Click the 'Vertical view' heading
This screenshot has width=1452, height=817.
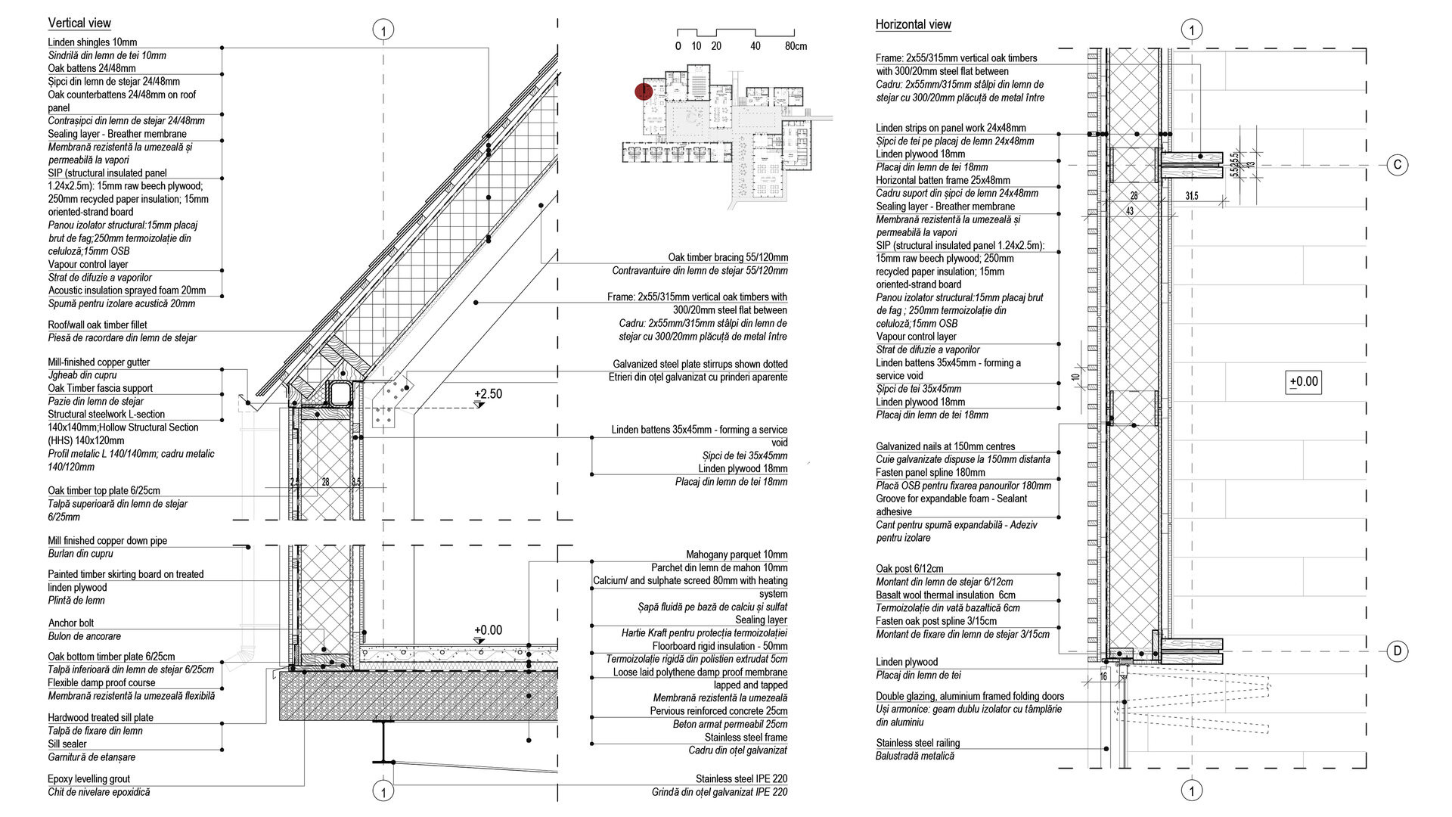[79, 23]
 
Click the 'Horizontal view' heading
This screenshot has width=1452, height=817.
[913, 24]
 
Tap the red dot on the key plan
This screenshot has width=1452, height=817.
[643, 92]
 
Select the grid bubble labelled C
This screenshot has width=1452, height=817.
[1398, 164]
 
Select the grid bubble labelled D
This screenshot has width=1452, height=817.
[1398, 651]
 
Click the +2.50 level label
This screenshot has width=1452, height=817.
[488, 393]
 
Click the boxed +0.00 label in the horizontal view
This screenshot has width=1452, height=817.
[1304, 381]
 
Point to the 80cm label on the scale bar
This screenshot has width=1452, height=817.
[796, 46]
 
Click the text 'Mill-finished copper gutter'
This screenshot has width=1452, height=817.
[99, 362]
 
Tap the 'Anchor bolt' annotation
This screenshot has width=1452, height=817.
[71, 623]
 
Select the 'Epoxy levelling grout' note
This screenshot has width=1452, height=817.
[88, 778]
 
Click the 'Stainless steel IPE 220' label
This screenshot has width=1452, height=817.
[741, 778]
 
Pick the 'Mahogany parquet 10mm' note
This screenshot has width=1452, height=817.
[737, 555]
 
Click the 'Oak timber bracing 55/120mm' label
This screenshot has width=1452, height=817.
[728, 257]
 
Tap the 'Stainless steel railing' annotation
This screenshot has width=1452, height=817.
[917, 743]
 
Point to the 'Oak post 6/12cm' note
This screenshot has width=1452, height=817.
[909, 568]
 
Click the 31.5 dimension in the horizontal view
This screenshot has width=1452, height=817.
[1192, 196]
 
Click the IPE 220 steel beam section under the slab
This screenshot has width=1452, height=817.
[384, 741]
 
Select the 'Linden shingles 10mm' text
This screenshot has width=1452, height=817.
[92, 42]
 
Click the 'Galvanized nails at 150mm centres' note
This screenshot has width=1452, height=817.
[945, 446]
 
